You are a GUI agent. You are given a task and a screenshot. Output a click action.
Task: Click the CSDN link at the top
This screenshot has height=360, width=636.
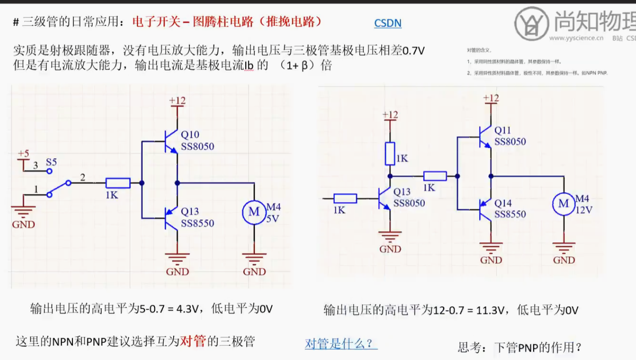[x=388, y=23]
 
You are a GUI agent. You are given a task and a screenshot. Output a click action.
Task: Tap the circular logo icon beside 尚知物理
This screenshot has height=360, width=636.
[x=532, y=24]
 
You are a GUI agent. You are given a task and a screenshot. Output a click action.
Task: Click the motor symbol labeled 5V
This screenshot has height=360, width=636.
[x=254, y=211]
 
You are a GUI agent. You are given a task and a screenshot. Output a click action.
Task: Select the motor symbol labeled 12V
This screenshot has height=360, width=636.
[x=563, y=204]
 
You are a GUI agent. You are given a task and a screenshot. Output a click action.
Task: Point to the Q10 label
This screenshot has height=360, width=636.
[x=190, y=135]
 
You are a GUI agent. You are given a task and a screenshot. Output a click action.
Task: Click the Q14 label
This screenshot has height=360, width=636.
[x=503, y=203]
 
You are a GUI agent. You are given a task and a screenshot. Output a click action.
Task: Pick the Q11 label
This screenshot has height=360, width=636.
[x=503, y=131]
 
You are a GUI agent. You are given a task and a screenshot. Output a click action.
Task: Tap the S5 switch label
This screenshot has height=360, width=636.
[x=51, y=162]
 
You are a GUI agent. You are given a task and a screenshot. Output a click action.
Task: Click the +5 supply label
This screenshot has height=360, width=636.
[x=24, y=154]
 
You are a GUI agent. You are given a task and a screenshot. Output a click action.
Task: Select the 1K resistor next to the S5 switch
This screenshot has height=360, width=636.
[x=118, y=183]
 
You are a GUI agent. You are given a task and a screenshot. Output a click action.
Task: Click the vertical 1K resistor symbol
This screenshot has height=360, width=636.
[x=390, y=153]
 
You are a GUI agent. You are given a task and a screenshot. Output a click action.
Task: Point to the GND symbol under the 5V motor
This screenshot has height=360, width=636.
[x=254, y=262]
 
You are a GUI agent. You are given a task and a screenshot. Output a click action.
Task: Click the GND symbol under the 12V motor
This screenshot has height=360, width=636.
[x=564, y=251]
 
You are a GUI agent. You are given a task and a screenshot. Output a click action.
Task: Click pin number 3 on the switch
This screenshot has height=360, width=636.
[x=35, y=165]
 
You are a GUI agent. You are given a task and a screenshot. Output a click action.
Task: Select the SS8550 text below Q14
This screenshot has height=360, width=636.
[x=510, y=214]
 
